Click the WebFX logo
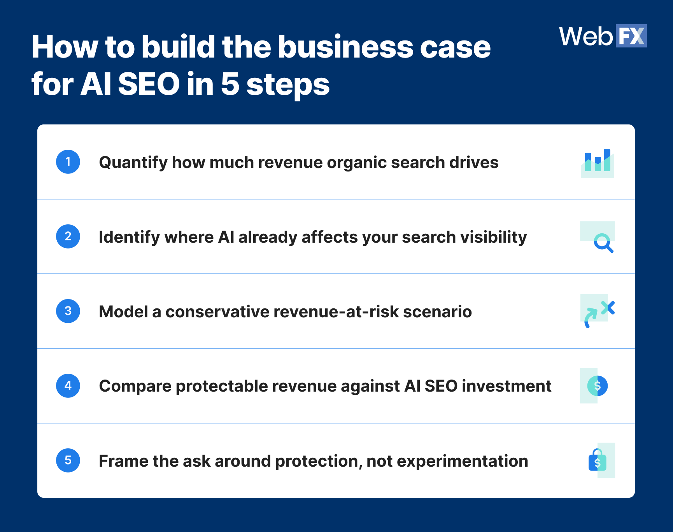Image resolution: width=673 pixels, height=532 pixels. (603, 36)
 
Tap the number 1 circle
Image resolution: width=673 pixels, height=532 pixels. (68, 162)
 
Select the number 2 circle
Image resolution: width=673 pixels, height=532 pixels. (68, 236)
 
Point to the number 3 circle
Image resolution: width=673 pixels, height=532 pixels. (68, 311)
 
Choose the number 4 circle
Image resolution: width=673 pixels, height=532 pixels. (68, 386)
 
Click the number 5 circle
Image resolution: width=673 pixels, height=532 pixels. (68, 460)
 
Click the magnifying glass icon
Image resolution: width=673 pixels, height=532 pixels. (603, 243)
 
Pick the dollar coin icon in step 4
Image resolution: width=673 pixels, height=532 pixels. (597, 386)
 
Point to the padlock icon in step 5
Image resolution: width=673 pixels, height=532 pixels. (598, 460)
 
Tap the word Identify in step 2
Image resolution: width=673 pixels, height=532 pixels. (129, 237)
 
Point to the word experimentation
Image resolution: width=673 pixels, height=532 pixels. (462, 461)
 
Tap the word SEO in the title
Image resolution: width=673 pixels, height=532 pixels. (149, 84)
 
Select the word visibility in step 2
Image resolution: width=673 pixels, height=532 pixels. (494, 237)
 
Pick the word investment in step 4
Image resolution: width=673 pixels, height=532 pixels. (507, 387)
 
